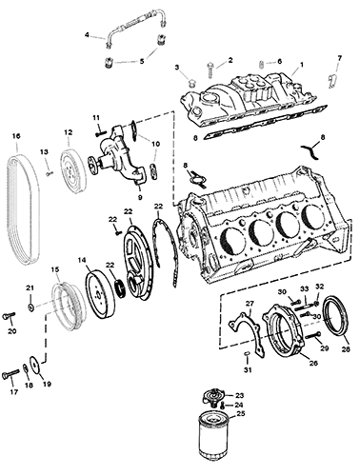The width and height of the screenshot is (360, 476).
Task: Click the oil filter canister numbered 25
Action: [x=212, y=441]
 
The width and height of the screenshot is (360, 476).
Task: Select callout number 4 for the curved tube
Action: [x=87, y=34]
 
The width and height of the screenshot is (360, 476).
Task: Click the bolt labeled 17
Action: [x=10, y=376]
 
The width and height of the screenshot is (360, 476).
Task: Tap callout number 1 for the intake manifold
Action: [x=302, y=65]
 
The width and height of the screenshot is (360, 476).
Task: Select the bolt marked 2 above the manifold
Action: [x=211, y=69]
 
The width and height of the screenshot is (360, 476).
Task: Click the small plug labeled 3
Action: [x=191, y=83]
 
